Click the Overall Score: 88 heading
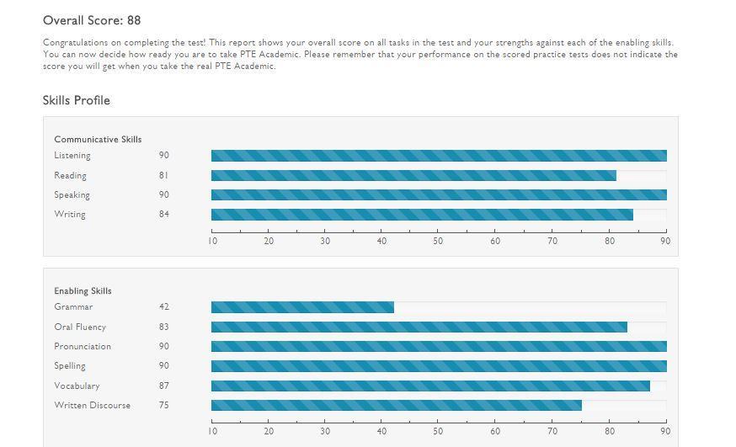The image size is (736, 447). (92, 20)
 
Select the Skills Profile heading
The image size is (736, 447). (77, 100)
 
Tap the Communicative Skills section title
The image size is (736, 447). (98, 139)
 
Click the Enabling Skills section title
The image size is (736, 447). (83, 290)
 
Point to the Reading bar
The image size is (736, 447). (413, 175)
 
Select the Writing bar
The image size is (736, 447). (422, 215)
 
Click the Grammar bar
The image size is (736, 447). (302, 307)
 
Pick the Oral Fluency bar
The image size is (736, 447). (419, 327)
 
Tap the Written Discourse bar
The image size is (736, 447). (396, 405)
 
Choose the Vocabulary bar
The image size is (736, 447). (430, 386)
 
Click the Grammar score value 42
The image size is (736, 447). (163, 307)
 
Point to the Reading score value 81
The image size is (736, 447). (163, 175)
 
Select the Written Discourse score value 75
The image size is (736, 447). (163, 405)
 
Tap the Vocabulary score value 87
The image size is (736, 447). (163, 386)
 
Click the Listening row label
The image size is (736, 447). (72, 155)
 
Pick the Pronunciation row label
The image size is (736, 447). (83, 346)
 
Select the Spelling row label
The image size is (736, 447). (70, 365)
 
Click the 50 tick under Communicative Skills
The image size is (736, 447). (438, 241)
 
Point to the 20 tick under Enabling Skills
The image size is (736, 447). (269, 431)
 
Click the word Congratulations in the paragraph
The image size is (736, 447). (74, 42)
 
